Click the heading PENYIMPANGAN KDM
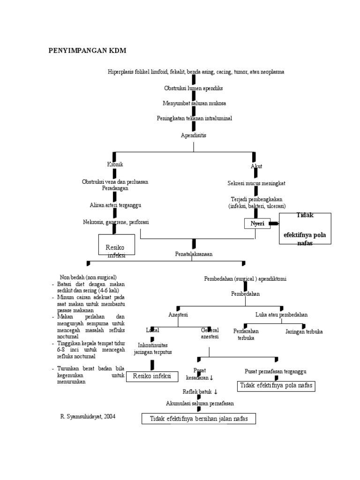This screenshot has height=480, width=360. (88, 51)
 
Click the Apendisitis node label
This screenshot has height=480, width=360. (194, 135)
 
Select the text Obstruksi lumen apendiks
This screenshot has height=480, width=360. (194, 88)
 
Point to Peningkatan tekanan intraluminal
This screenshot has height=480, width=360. (194, 119)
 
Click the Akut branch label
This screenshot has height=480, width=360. (256, 166)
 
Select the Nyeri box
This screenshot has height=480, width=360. (257, 224)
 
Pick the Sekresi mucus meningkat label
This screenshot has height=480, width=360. (256, 183)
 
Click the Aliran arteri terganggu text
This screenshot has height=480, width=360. (115, 205)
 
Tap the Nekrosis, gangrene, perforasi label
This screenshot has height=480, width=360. (116, 222)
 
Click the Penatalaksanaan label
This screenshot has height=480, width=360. (194, 254)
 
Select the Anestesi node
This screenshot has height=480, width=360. (178, 315)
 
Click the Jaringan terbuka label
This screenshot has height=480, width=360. (304, 331)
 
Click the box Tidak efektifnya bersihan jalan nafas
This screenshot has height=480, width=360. (199, 419)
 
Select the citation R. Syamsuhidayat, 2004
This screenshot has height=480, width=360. (88, 416)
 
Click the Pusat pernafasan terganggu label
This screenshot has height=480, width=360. (276, 371)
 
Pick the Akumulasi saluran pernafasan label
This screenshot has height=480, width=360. (200, 403)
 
